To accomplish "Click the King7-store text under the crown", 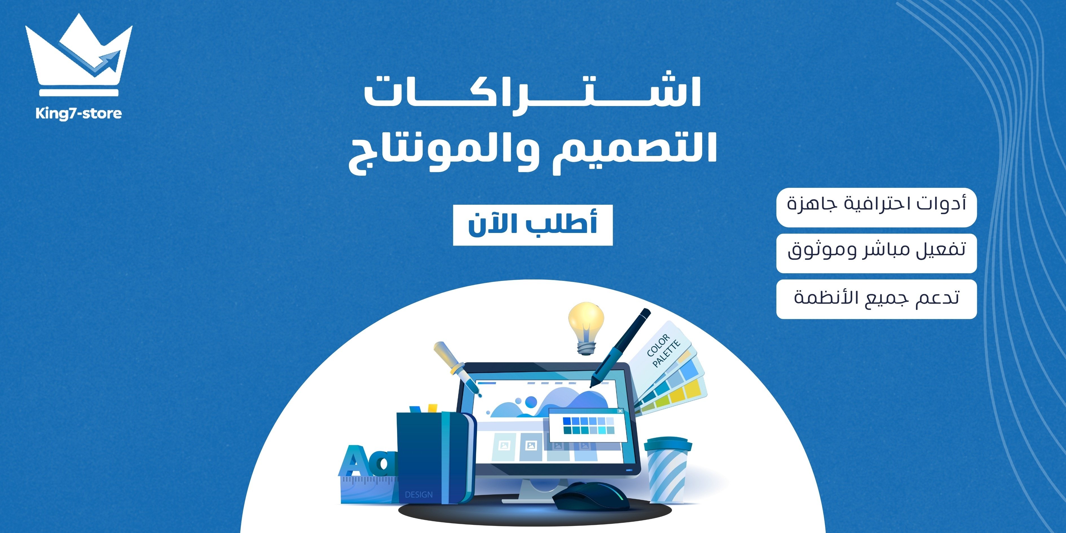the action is click(79, 113).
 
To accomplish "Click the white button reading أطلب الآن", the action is click(533, 225).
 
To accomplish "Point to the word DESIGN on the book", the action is click(419, 495).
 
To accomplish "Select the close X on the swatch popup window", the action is click(620, 411).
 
